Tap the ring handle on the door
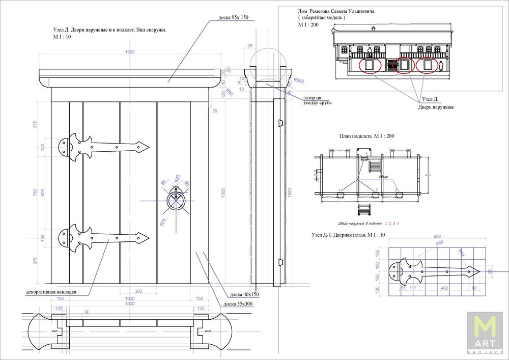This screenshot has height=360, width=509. point(176,200)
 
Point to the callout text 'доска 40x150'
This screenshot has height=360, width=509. point(244,294)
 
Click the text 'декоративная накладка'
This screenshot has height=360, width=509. point(50,292)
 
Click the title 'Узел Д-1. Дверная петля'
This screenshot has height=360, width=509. point(348,235)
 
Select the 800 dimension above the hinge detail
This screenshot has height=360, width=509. point(436,236)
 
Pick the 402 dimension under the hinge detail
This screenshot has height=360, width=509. point(444,288)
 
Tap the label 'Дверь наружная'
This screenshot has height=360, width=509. point(435,107)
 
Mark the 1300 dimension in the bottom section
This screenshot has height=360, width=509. point(130,303)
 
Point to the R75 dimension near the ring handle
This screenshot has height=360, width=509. point(162,221)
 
